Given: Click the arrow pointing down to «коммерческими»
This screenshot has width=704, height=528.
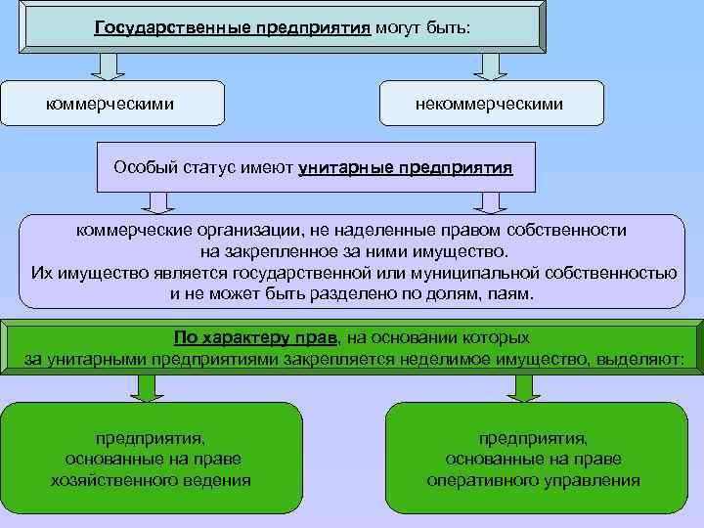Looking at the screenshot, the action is (x=108, y=66).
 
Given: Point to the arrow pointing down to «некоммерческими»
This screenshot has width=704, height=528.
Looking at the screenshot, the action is (x=489, y=66).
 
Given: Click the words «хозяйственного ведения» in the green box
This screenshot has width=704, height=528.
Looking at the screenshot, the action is (x=151, y=480).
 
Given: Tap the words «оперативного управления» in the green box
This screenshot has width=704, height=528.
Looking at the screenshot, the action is (x=534, y=480).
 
